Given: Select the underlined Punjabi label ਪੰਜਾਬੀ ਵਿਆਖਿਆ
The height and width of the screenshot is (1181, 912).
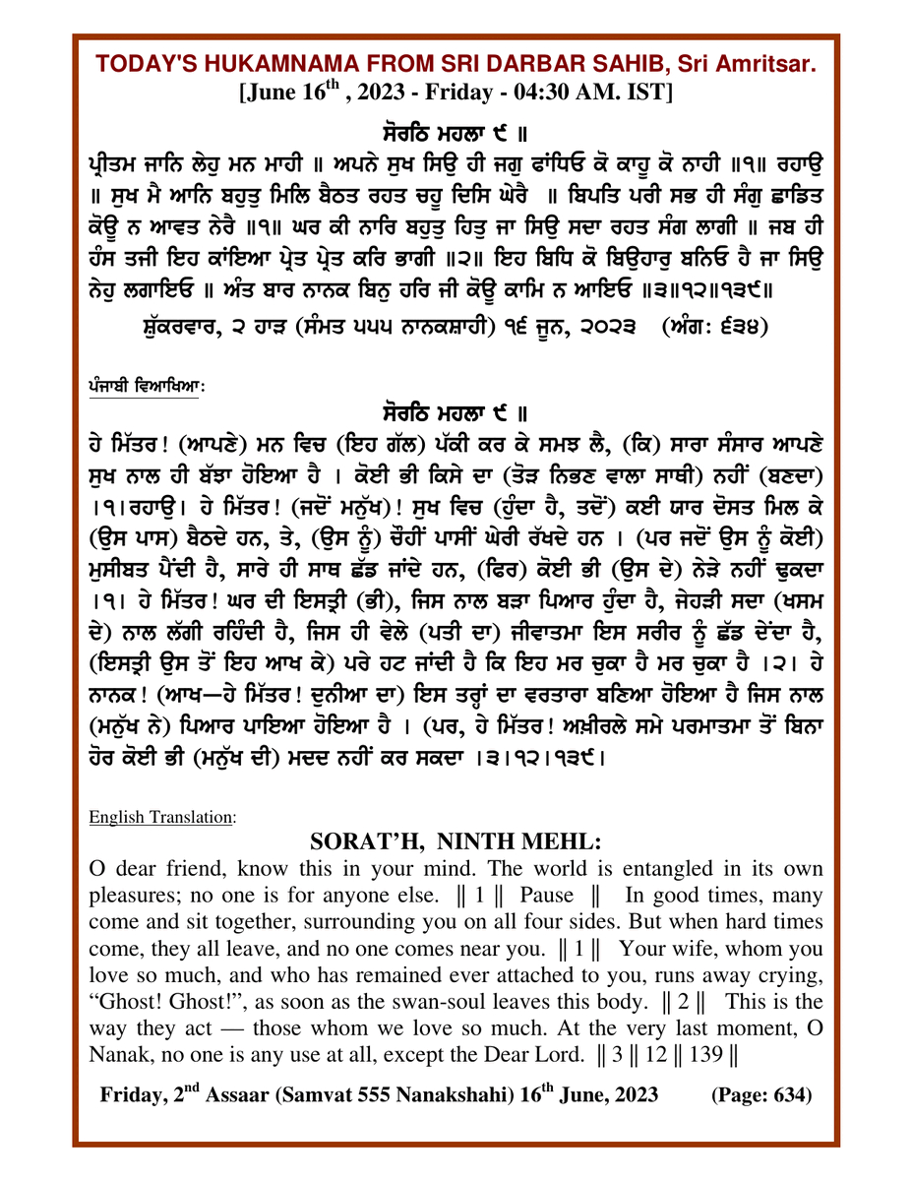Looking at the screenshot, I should click(144, 388).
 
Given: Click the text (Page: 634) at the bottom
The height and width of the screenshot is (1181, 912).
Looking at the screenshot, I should click(760, 1095).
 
